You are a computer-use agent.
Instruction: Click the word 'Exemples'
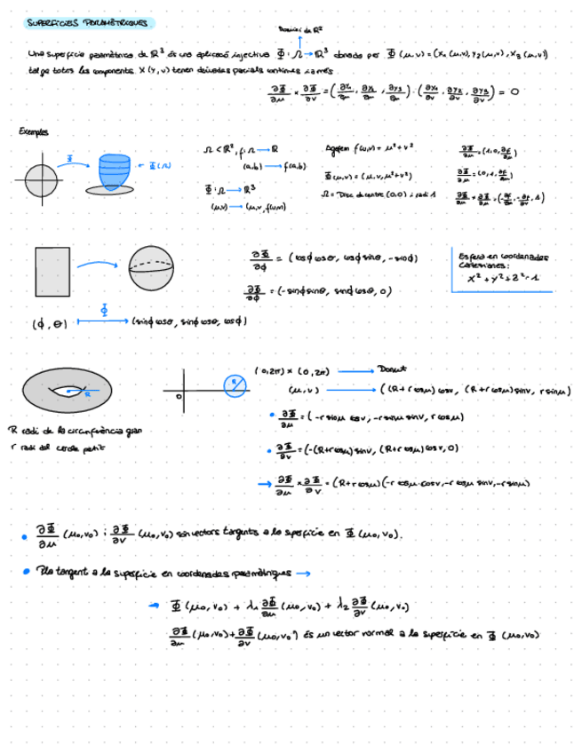pyautogui.click(x=35, y=132)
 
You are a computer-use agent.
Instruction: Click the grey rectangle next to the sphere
pyautogui.click(x=52, y=272)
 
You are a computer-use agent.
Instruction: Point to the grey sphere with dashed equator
pyautogui.click(x=152, y=271)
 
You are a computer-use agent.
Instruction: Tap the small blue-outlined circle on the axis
pyautogui.click(x=233, y=385)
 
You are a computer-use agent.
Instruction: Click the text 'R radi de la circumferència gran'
pyautogui.click(x=75, y=432)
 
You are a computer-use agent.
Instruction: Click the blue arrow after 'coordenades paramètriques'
pyautogui.click(x=304, y=573)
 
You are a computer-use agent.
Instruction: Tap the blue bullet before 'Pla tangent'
pyautogui.click(x=27, y=573)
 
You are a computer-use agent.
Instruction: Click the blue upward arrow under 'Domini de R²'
pyautogui.click(x=300, y=42)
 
